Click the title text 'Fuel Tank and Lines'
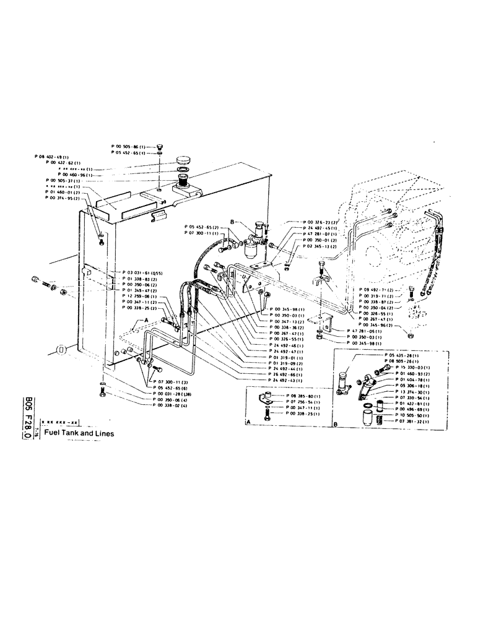click(x=79, y=434)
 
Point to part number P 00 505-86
click(x=129, y=146)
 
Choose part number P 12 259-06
click(x=141, y=297)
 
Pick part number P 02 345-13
click(x=319, y=247)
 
